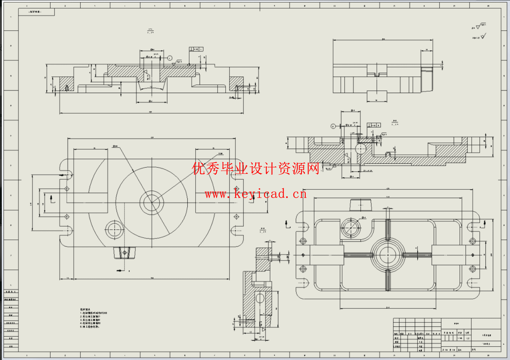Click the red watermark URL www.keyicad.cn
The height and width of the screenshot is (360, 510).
(x=256, y=194)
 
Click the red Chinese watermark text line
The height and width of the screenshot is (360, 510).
(x=256, y=168)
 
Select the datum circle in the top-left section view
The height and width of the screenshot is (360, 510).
(x=170, y=58)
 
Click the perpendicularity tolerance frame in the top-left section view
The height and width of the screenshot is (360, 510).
(x=196, y=49)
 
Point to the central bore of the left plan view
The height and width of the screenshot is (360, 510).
(x=152, y=202)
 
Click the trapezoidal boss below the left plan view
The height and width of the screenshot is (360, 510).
(x=125, y=253)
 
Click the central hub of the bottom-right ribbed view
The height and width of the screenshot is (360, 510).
(x=388, y=255)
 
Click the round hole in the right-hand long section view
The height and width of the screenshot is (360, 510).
(x=361, y=149)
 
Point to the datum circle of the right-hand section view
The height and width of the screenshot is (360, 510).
(x=333, y=126)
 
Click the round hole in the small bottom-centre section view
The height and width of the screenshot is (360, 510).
(x=260, y=298)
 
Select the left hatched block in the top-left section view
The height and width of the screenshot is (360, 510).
(x=66, y=84)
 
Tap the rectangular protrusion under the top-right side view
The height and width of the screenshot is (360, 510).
(x=377, y=96)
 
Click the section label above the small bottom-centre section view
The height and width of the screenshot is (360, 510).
(x=263, y=230)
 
